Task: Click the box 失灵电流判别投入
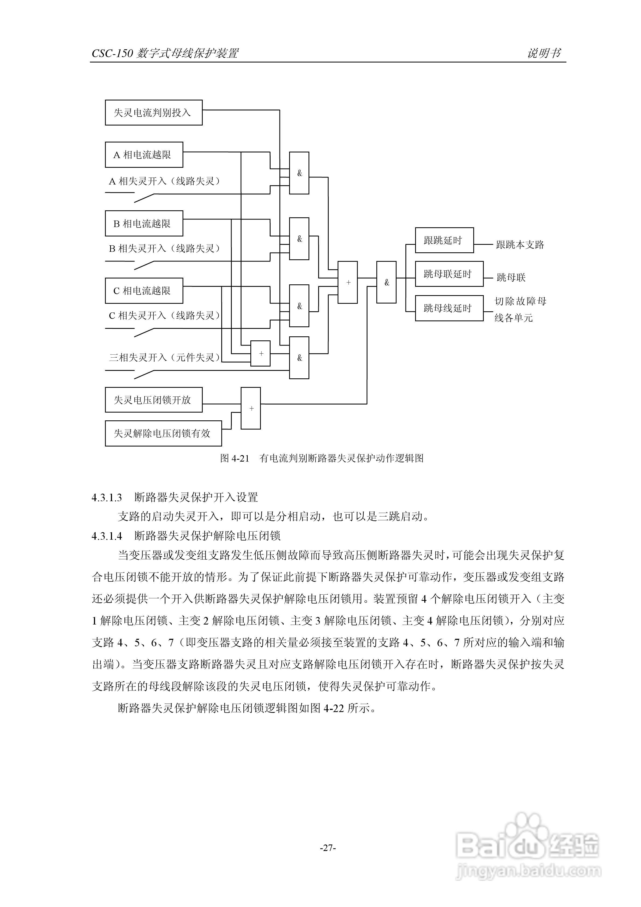[154, 113]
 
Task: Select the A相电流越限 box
[144, 155]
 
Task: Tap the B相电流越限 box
[144, 224]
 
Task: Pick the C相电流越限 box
[144, 291]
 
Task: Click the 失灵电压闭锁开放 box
[154, 400]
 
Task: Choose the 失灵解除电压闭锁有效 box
[163, 433]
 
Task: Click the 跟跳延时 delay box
[444, 240]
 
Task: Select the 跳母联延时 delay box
[449, 274]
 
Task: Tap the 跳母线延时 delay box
[449, 308]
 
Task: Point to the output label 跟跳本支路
[520, 245]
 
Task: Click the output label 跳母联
[511, 278]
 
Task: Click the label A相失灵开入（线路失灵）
[164, 181]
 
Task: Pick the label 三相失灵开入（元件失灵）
[164, 358]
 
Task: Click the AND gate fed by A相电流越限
[299, 173]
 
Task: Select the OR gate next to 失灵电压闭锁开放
[251, 408]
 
